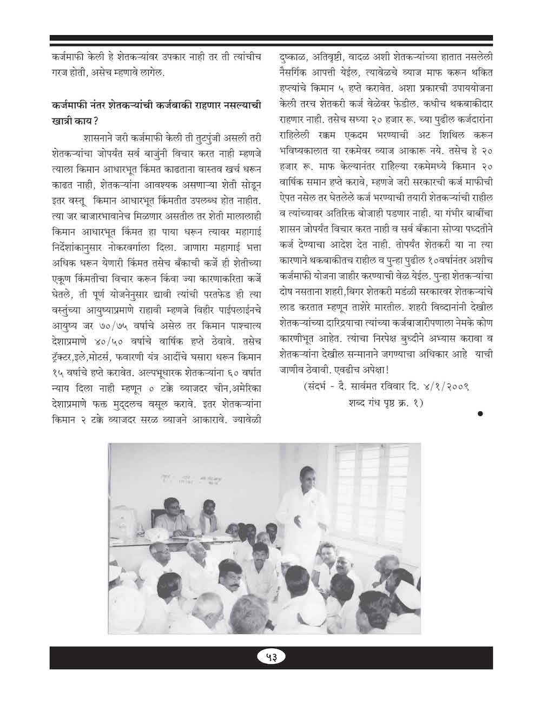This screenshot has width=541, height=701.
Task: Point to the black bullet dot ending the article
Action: coord(480,414)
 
